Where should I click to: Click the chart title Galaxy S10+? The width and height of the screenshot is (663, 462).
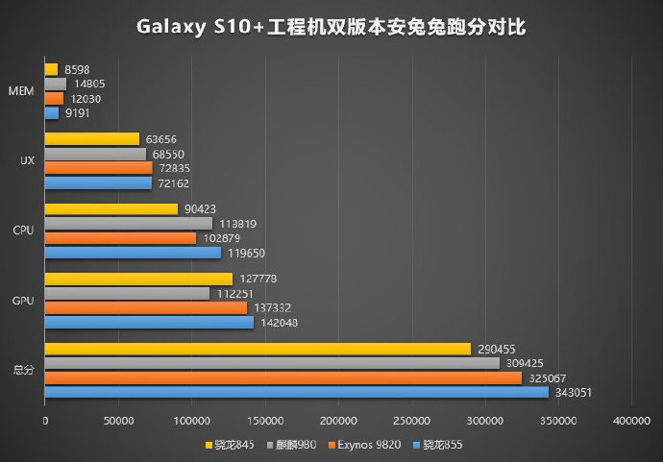point(331,27)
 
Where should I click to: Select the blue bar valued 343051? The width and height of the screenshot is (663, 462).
point(296,392)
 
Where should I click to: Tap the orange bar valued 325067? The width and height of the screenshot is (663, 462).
point(282,377)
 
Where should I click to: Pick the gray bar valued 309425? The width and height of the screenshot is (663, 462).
point(272,363)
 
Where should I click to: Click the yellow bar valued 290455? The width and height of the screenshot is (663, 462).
point(258,349)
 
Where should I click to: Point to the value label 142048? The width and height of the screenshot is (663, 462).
point(280,323)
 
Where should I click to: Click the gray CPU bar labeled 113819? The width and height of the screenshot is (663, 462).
point(128,224)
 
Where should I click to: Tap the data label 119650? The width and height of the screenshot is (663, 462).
point(246,253)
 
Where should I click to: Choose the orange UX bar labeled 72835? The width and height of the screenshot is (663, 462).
point(98,168)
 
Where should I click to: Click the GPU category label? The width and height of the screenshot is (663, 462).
point(24,301)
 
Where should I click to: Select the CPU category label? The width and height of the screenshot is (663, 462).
point(24,231)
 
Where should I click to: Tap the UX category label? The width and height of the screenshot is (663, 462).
point(27,160)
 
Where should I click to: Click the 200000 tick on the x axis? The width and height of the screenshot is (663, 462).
point(338,421)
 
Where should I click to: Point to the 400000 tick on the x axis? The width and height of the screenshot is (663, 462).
point(630,421)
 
